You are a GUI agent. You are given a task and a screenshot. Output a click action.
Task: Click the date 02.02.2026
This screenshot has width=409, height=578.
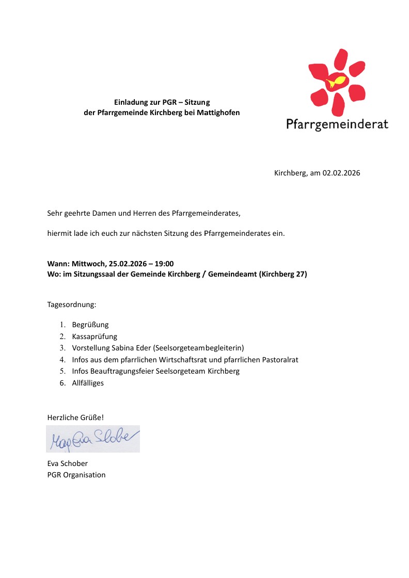click(341, 173)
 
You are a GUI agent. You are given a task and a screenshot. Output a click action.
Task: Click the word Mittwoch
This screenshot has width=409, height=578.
click(88, 264)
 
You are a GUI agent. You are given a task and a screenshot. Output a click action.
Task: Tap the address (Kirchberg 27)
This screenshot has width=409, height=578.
click(281, 275)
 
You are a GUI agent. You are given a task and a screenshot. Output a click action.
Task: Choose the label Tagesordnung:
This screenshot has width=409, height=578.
click(72, 304)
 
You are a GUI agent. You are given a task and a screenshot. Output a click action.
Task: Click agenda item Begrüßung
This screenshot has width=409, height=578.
click(90, 325)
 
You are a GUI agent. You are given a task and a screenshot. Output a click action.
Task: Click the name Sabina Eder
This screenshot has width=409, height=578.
click(129, 348)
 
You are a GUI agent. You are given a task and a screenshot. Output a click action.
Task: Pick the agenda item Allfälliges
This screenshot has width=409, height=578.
click(88, 383)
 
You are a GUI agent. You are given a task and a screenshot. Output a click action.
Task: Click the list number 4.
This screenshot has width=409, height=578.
click(62, 359)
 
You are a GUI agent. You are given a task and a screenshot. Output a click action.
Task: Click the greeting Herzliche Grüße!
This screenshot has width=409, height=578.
click(75, 417)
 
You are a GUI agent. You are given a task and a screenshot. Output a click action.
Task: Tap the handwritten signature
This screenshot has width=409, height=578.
click(93, 439)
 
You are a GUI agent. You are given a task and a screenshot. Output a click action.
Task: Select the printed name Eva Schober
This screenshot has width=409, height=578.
click(67, 463)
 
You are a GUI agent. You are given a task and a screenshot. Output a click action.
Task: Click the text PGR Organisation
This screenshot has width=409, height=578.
click(76, 475)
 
